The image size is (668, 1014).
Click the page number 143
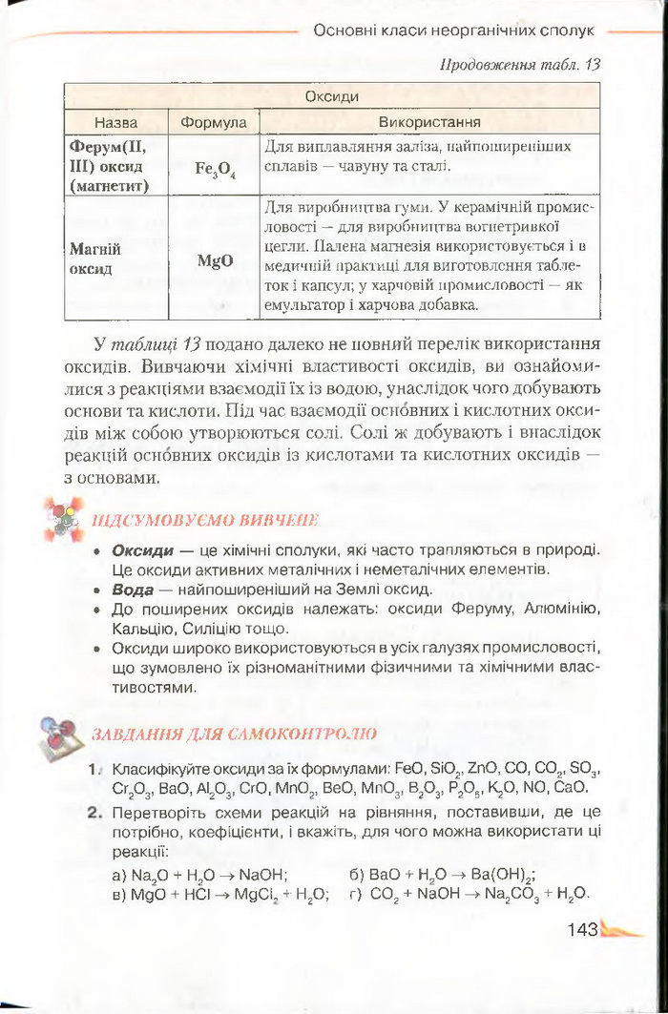(x=581, y=929)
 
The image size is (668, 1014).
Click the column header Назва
(x=115, y=123)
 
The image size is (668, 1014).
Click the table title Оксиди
(x=332, y=97)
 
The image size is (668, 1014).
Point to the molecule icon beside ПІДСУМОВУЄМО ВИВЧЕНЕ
(x=64, y=519)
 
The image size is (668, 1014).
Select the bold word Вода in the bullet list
(x=133, y=590)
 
